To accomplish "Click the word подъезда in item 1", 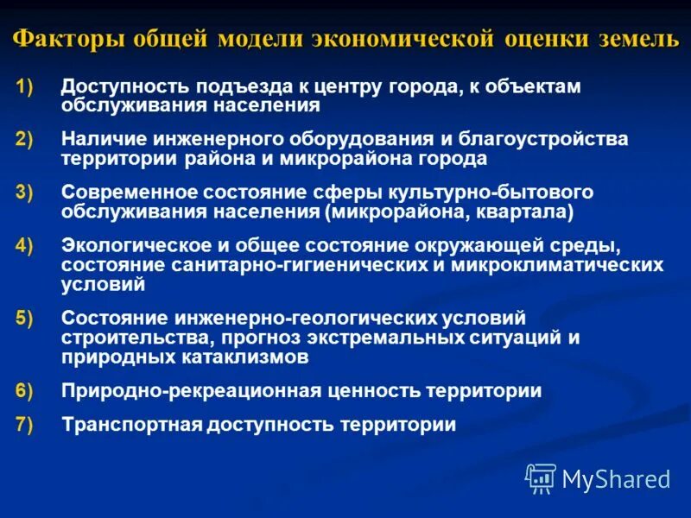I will [x=239, y=87].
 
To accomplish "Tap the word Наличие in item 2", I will [x=101, y=139].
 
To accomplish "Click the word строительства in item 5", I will [x=120, y=338].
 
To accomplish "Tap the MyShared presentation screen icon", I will [x=541, y=477].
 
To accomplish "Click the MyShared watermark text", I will [x=616, y=478].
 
